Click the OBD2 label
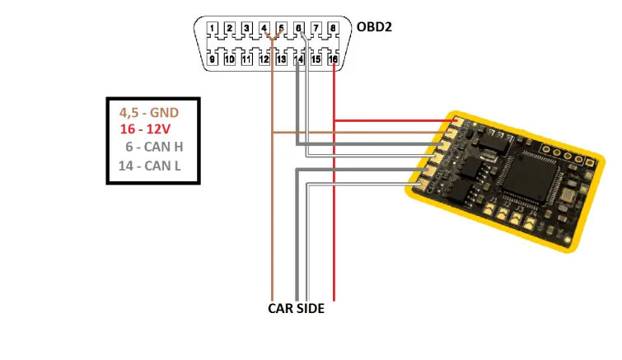click(x=374, y=26)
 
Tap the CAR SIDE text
click(x=297, y=309)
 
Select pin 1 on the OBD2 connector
click(x=213, y=29)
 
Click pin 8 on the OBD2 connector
click(x=333, y=29)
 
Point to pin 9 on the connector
click(x=213, y=58)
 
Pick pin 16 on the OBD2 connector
click(x=333, y=58)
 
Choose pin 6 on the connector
click(x=298, y=29)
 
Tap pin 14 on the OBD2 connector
click(x=298, y=58)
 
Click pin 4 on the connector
click(x=264, y=29)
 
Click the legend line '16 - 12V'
click(x=146, y=130)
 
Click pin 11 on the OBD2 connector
click(x=247, y=58)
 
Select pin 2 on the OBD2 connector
click(x=230, y=29)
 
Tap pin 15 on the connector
click(x=316, y=58)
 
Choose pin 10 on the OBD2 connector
click(x=230, y=58)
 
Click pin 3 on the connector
click(x=247, y=29)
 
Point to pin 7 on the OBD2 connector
click(x=316, y=29)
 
